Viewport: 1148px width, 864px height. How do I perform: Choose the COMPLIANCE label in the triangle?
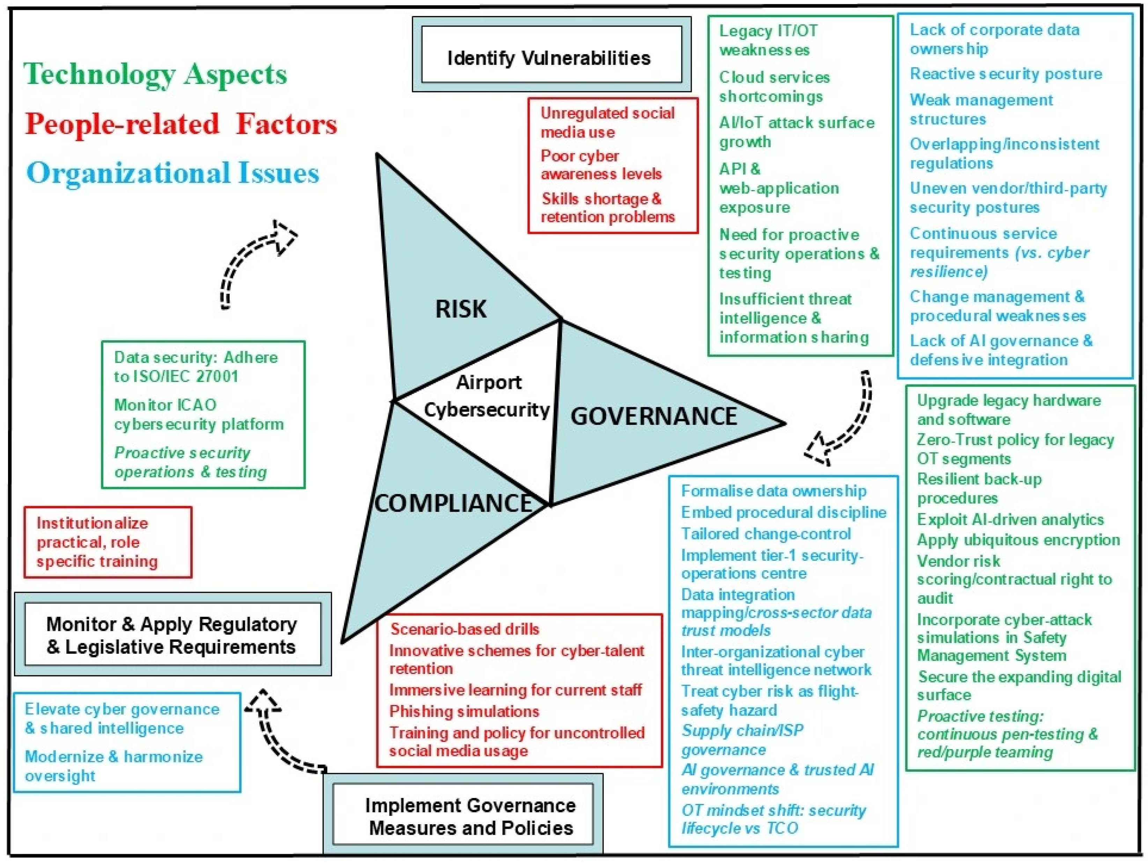coord(454,503)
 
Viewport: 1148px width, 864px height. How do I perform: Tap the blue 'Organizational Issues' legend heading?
coord(173,173)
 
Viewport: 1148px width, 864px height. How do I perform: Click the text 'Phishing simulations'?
coord(464,711)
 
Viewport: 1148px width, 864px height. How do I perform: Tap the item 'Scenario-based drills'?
coord(464,629)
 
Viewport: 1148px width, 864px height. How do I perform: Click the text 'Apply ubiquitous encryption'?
coord(1018,540)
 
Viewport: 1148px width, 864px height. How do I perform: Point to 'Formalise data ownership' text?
coord(773,491)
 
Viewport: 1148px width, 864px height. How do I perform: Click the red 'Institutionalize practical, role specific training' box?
coord(108,542)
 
